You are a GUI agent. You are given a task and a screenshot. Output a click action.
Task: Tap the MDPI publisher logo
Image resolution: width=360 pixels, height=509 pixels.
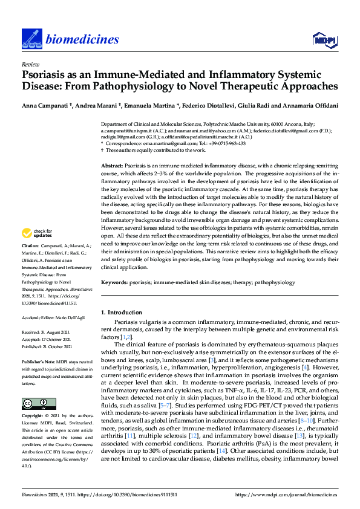322,41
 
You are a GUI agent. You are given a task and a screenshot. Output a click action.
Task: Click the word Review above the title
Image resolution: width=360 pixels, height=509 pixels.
28,63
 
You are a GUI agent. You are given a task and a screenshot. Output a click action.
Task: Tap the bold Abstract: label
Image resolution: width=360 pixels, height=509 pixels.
112,166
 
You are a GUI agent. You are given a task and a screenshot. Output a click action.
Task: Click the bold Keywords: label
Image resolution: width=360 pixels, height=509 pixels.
114,282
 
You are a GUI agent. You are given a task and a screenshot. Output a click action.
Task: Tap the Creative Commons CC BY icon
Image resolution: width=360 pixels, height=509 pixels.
34,404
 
